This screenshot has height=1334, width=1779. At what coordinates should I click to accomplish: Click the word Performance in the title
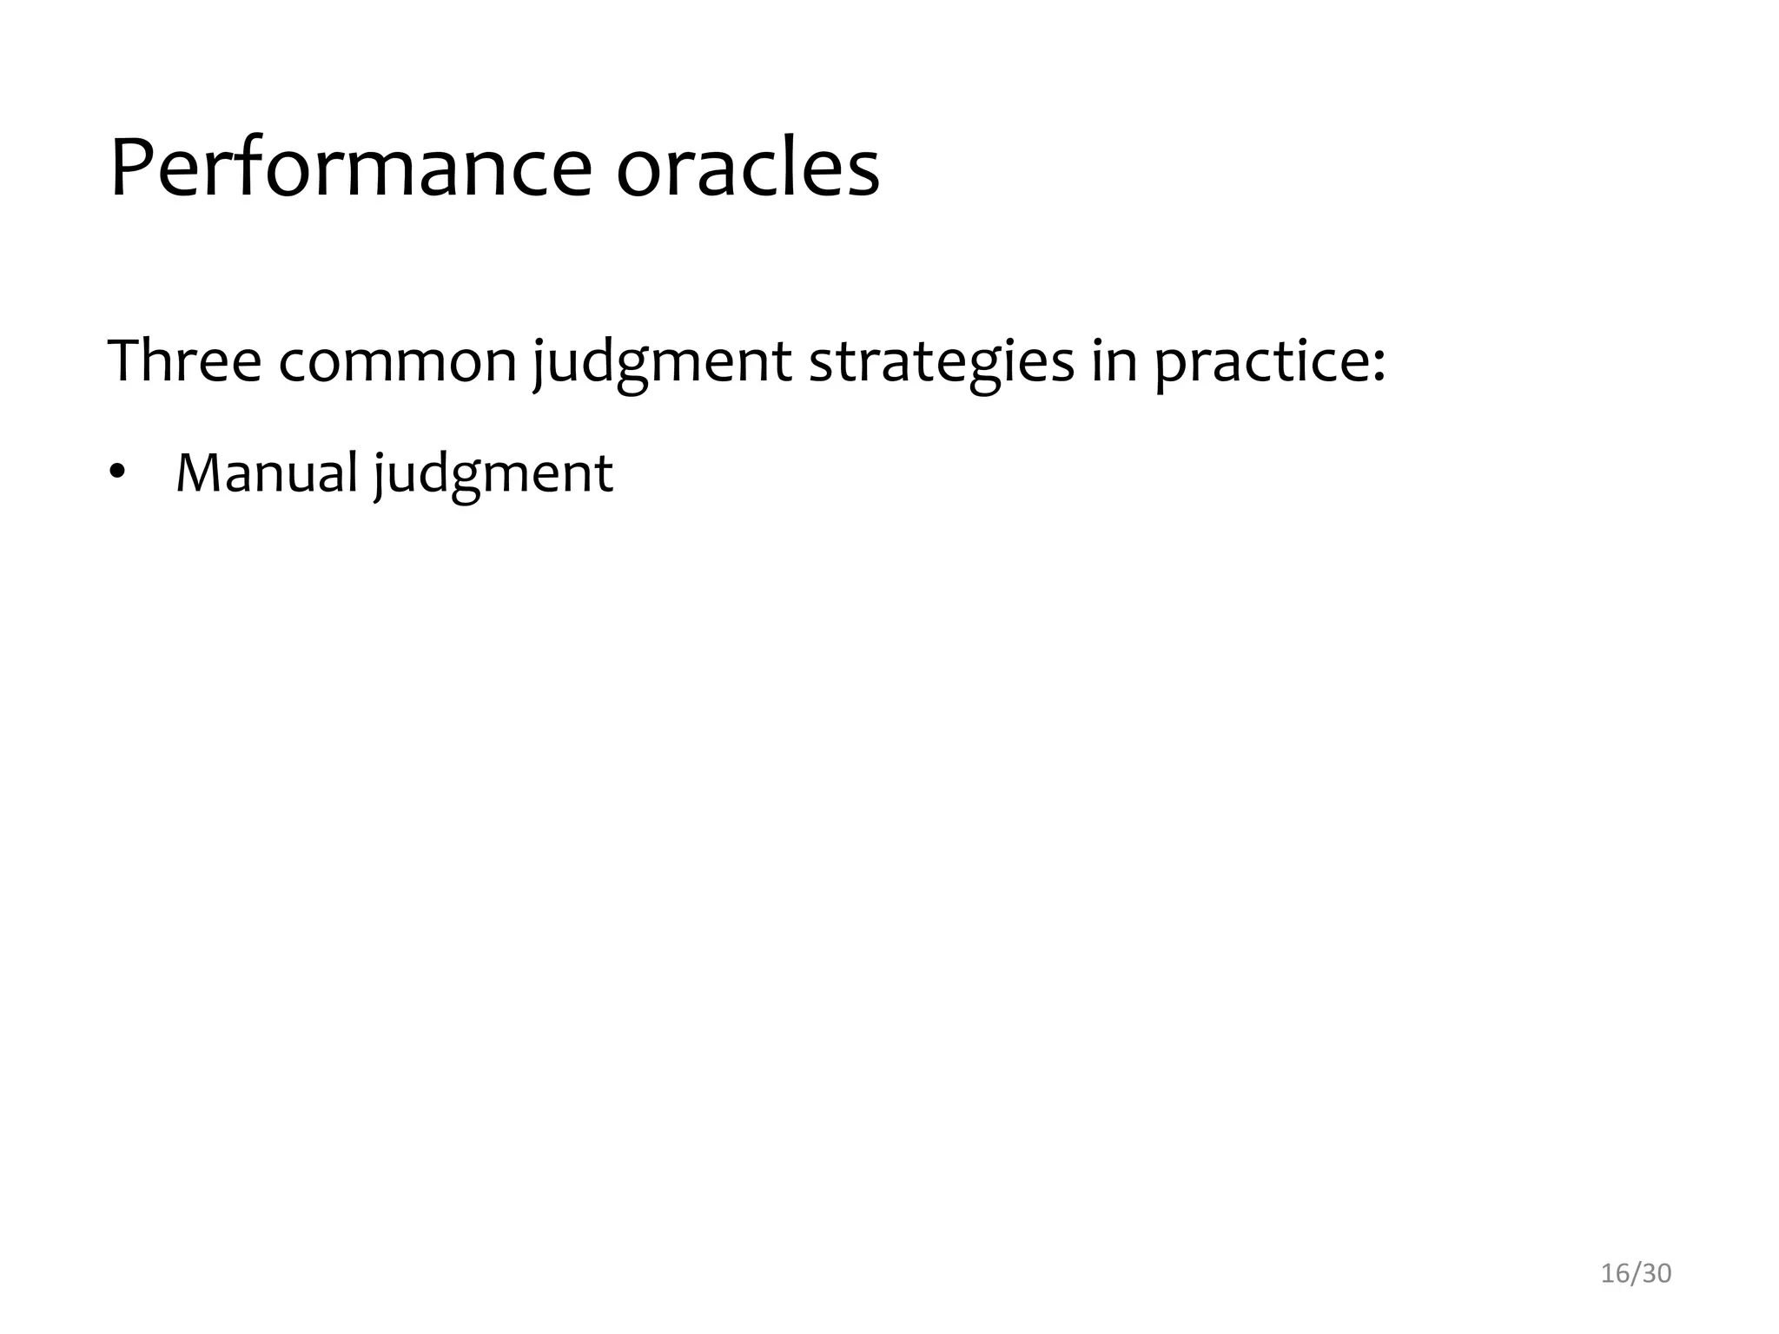click(x=351, y=169)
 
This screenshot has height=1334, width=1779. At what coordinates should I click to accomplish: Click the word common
click(x=398, y=362)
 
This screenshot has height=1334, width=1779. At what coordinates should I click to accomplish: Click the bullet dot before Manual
click(x=116, y=474)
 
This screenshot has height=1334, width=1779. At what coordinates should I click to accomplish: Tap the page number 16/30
click(x=1636, y=1273)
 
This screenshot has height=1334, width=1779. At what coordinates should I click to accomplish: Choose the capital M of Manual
click(x=198, y=473)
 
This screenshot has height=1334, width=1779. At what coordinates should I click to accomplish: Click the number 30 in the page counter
click(x=1657, y=1273)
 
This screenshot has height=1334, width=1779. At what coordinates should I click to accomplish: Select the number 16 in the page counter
click(x=1615, y=1273)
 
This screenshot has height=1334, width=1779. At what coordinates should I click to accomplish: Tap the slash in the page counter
click(x=1636, y=1273)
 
